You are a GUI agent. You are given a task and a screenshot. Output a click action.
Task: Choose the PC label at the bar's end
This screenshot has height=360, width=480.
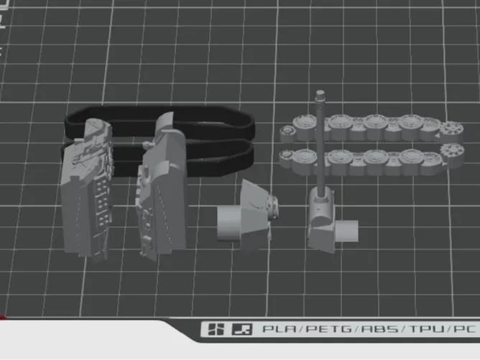coord(465,329)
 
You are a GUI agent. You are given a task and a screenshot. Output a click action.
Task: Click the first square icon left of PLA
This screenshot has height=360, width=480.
coord(216,329)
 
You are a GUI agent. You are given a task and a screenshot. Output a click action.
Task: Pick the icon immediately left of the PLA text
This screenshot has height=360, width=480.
coord(242,329)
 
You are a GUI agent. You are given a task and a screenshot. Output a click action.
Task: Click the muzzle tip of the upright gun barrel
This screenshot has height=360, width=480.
coord(320,93)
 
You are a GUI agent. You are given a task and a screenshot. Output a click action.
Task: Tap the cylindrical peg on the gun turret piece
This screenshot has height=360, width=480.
coord(347,231)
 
